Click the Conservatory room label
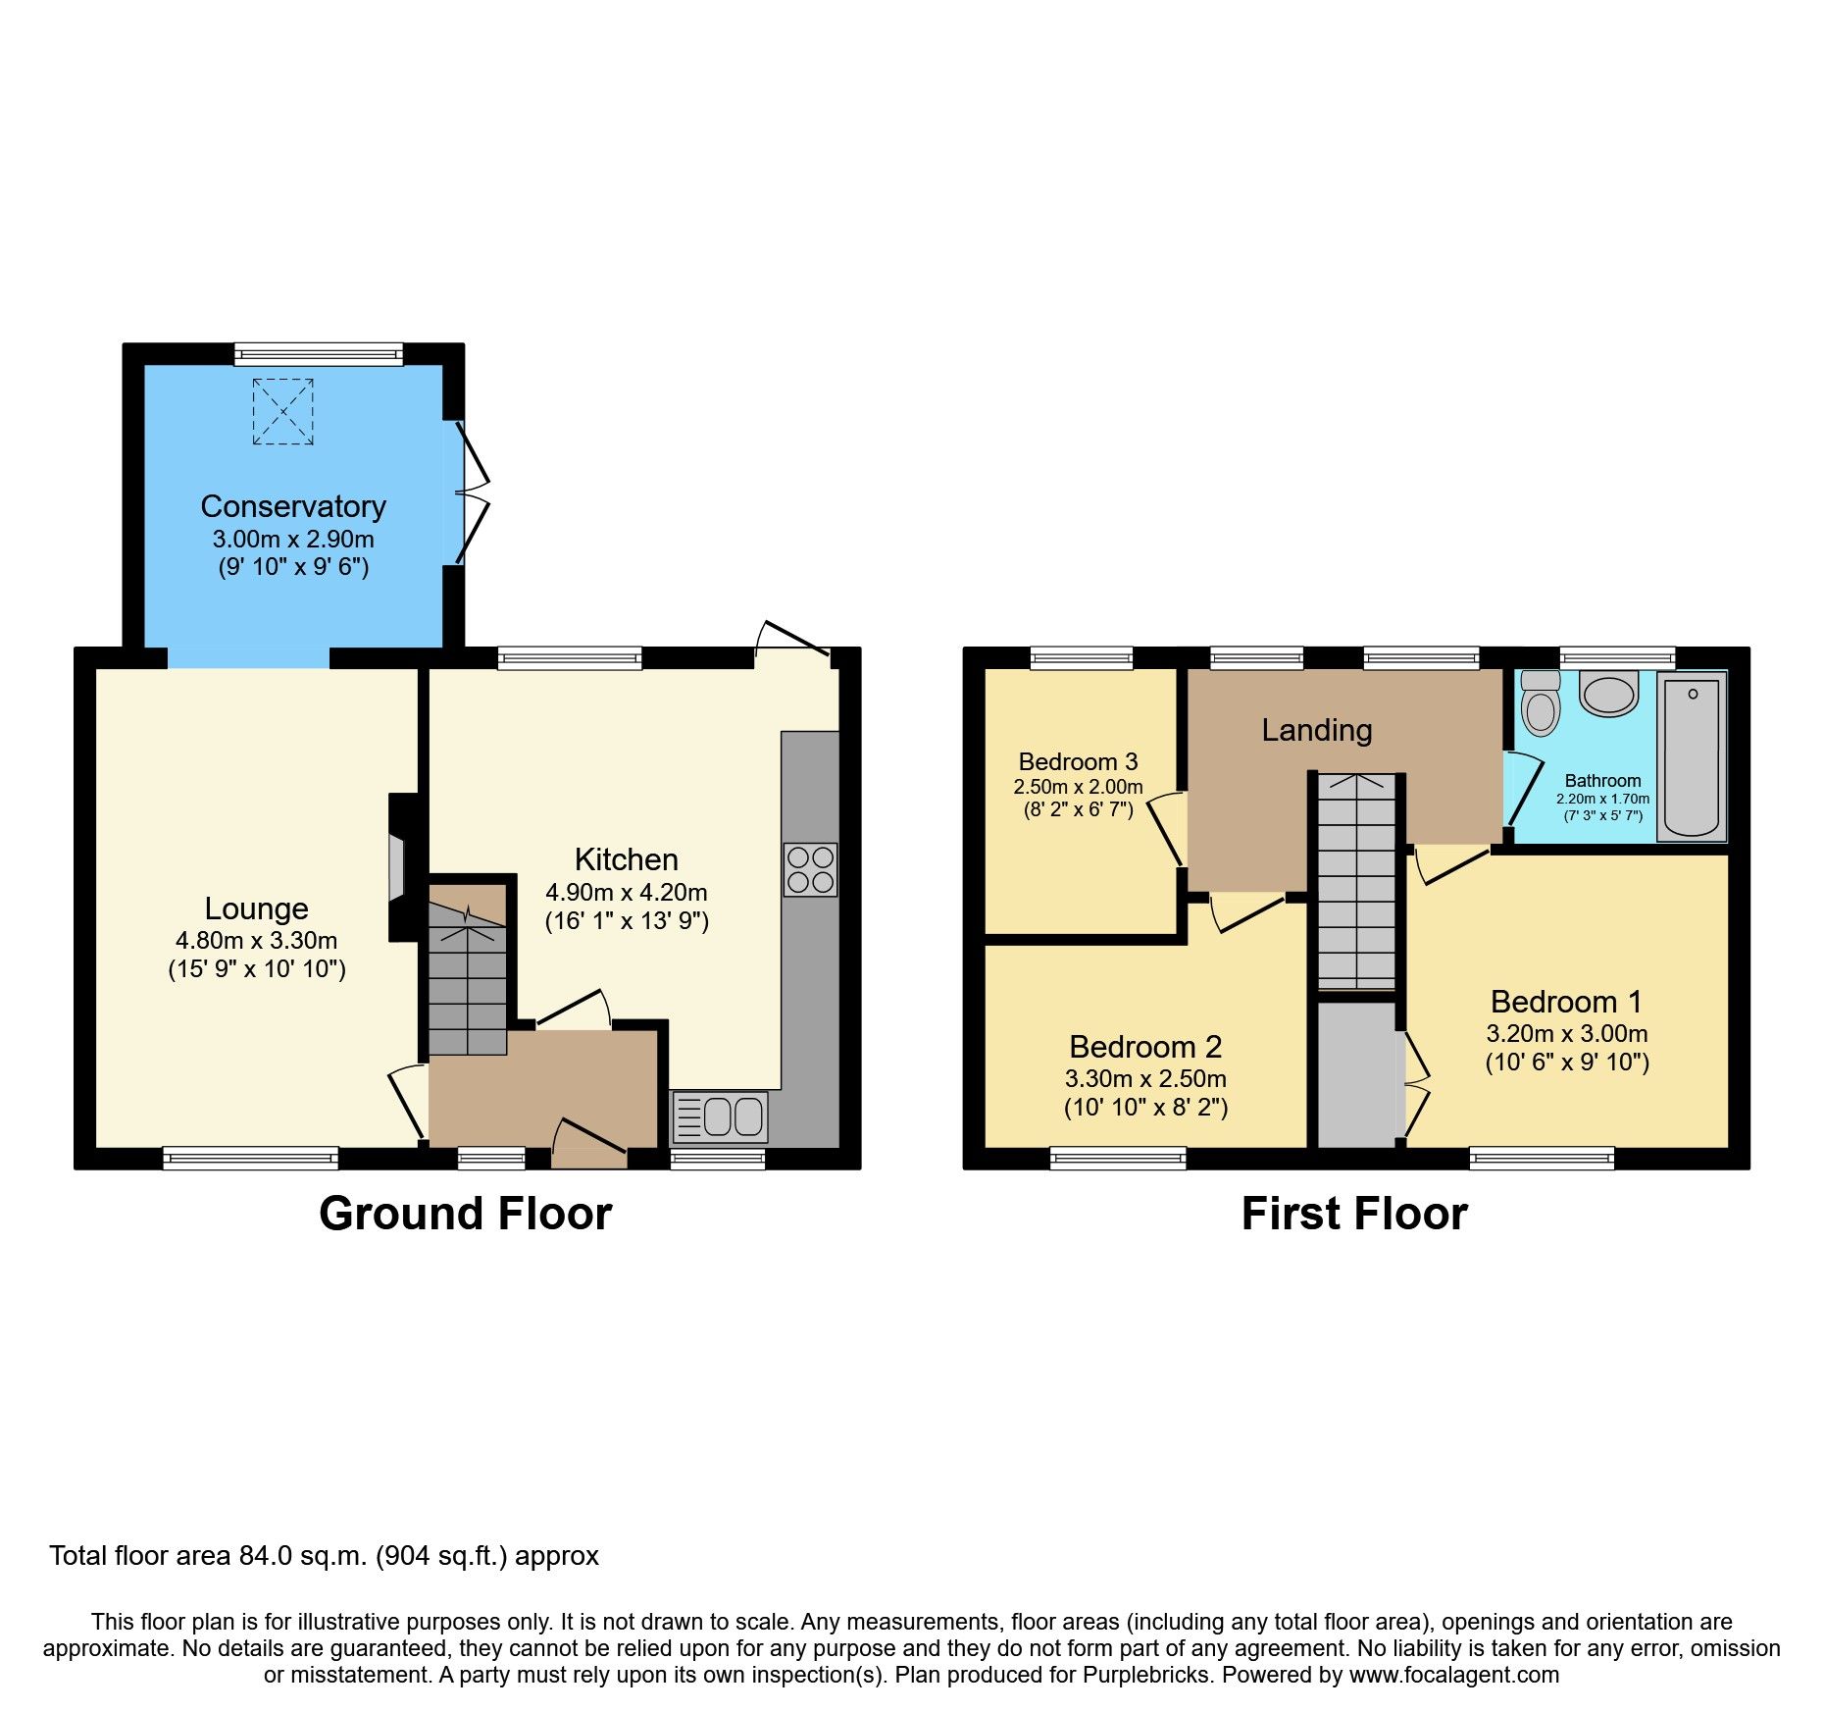[292, 506]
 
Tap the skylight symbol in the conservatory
[282, 411]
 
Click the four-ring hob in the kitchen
[810, 869]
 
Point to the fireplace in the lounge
[397, 867]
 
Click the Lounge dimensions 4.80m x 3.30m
[256, 941]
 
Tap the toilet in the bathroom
[1541, 702]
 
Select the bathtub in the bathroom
[1692, 756]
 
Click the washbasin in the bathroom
[1609, 694]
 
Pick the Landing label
[1316, 730]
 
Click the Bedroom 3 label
[1078, 762]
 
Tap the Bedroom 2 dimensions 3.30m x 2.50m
[1145, 1079]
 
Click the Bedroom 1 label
[1565, 1002]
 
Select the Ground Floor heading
[465, 1214]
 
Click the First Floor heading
[1353, 1214]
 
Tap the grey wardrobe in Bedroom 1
[1356, 1074]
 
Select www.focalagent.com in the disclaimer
[1453, 1676]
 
